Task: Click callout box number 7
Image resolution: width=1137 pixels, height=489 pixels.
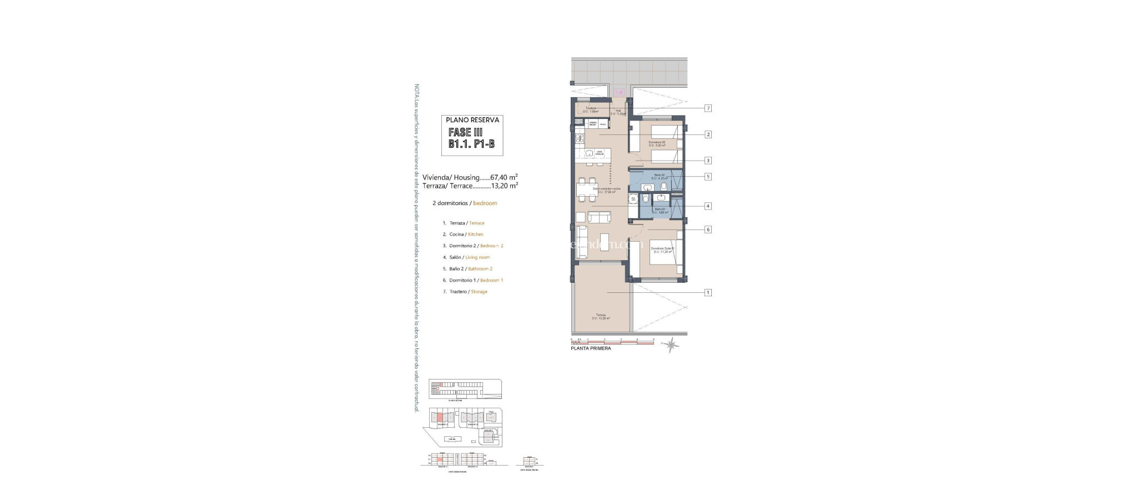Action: tap(708, 108)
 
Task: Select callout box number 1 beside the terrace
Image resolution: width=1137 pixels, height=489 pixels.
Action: tap(708, 292)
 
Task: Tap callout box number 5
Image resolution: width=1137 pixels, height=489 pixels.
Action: tap(708, 177)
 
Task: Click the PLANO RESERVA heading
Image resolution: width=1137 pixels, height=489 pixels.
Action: tap(472, 120)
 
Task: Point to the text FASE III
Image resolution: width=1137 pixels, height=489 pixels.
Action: tap(465, 133)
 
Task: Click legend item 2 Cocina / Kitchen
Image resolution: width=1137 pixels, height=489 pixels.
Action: tap(466, 234)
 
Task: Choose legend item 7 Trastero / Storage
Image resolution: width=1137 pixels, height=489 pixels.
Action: tap(468, 292)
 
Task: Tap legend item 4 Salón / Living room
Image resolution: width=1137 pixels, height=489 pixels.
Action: tap(469, 257)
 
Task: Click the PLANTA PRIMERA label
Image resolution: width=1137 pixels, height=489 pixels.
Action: tap(591, 348)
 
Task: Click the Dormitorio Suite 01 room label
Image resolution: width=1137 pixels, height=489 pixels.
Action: tap(662, 250)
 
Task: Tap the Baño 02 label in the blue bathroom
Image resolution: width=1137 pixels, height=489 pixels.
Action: tap(660, 177)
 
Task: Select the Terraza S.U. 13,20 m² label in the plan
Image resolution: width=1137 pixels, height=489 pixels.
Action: tap(601, 316)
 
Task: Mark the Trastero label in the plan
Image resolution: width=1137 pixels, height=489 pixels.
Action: tap(590, 109)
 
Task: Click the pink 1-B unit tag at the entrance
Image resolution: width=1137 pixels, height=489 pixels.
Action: tap(620, 93)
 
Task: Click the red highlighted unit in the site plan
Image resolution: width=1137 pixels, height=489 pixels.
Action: tap(440, 418)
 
